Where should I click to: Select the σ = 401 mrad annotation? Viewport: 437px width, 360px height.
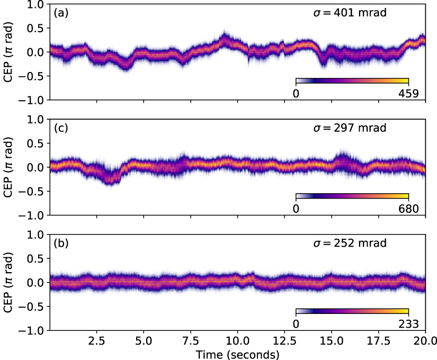click(348, 12)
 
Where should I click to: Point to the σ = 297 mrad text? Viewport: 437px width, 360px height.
click(348, 128)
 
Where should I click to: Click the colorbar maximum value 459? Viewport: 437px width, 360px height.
click(408, 94)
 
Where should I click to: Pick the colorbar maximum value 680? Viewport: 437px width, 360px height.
click(408, 209)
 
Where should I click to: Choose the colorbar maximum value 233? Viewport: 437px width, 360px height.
click(408, 324)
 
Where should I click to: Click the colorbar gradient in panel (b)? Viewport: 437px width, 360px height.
click(352, 312)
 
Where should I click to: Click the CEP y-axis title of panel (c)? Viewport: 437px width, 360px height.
click(8, 167)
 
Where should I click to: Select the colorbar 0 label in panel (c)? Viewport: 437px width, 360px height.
click(296, 209)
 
